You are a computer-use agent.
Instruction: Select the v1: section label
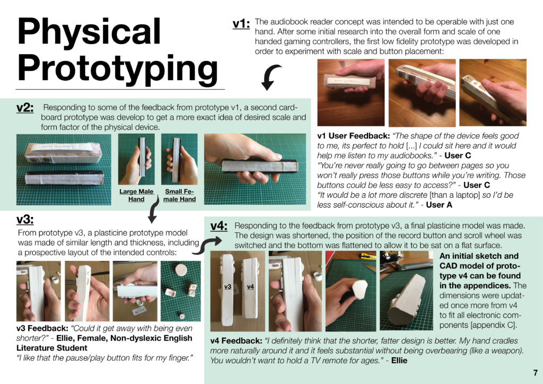coord(241,24)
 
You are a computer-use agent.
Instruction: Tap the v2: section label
coord(25,108)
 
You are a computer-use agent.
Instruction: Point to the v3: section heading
coord(25,220)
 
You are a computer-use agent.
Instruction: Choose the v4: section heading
coord(219,226)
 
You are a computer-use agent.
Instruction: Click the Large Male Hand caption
coord(136,195)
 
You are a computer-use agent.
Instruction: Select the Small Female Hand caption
coord(179,195)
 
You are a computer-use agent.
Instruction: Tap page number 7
coord(536,372)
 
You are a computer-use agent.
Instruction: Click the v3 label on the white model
coord(227,287)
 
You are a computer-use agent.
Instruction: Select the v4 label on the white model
coord(250,287)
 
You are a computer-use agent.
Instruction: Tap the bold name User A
coord(439,205)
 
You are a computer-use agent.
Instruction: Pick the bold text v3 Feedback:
coord(42,328)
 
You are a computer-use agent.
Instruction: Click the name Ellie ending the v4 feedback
coord(399,361)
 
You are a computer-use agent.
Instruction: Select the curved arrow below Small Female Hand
coord(153,210)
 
